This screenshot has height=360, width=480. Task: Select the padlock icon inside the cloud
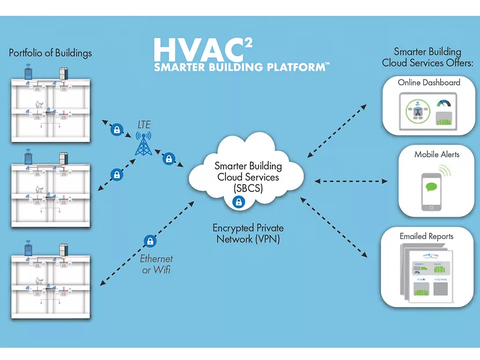238,202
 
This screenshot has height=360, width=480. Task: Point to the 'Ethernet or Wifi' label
157,264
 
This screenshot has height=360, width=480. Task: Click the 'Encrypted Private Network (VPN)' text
248,234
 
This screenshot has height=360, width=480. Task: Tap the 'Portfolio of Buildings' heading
50,53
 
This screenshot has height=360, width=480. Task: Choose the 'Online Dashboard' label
429,83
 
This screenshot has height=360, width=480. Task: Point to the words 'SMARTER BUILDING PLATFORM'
242,68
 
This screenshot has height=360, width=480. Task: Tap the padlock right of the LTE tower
169,157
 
